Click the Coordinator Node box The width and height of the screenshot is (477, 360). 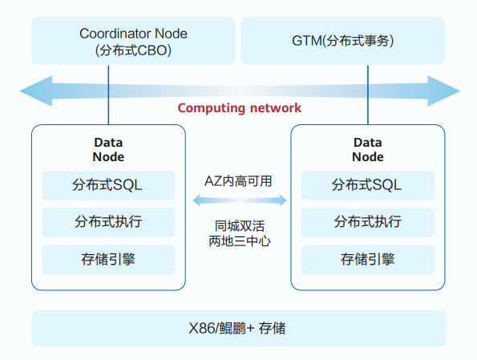coord(133,41)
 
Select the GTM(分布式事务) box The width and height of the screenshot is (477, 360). coord(343,41)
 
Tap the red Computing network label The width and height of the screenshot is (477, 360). coord(240,108)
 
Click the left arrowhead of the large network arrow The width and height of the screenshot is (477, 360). coord(36,91)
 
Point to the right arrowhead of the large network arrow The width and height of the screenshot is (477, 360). coord(443,91)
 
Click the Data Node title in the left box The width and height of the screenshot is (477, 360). coord(108,150)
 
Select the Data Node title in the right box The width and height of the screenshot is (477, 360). coord(368,150)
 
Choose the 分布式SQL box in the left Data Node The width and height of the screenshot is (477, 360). coord(108,185)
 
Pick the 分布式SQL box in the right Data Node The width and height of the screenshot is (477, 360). coord(368,185)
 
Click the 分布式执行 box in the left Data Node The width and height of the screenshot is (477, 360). coord(108,222)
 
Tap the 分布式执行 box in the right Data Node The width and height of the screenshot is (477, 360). coord(368,222)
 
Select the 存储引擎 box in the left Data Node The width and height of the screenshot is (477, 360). coord(108,260)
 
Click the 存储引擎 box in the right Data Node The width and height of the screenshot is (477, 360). coord(368,260)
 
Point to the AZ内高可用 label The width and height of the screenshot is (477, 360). coord(238,181)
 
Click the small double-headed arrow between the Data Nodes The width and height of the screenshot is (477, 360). coord(240,200)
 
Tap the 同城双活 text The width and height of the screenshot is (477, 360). coord(240,226)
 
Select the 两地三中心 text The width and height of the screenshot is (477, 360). coord(240,241)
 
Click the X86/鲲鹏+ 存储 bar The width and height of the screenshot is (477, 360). coord(239,329)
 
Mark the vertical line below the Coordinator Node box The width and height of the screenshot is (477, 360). coord(108,95)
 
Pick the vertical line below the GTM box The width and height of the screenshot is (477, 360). coord(368,95)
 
